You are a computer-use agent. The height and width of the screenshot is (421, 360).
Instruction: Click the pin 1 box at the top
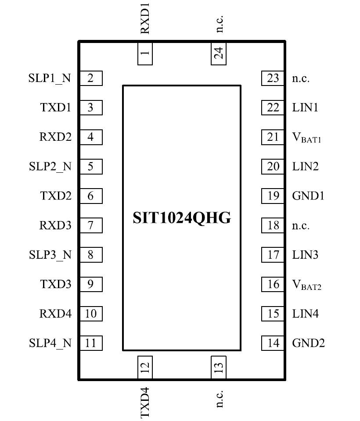(x=145, y=54)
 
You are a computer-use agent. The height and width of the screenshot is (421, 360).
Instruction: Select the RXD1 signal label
(x=145, y=18)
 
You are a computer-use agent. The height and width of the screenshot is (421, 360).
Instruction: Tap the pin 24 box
(x=218, y=54)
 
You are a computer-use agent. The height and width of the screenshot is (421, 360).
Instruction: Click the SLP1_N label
(x=50, y=78)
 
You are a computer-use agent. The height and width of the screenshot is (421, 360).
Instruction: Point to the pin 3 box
(x=90, y=108)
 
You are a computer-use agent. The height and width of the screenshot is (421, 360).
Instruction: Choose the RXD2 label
(x=55, y=137)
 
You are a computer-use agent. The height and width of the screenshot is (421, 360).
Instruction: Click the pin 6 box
(x=90, y=196)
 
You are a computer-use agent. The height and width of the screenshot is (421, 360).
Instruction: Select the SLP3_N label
(x=50, y=255)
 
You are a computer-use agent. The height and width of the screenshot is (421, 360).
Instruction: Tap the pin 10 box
(x=90, y=314)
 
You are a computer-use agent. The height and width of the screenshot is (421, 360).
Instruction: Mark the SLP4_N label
(x=50, y=343)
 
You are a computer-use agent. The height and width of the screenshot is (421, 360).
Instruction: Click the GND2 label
(x=309, y=343)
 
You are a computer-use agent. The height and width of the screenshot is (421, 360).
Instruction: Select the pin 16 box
(x=273, y=284)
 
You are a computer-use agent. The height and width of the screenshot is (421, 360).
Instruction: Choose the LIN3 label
(x=305, y=255)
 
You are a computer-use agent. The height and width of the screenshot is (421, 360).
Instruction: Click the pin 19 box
(x=273, y=196)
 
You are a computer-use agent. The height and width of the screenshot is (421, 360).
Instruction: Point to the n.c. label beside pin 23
(x=301, y=79)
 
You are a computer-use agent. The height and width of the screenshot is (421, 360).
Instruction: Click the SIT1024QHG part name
(x=182, y=218)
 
